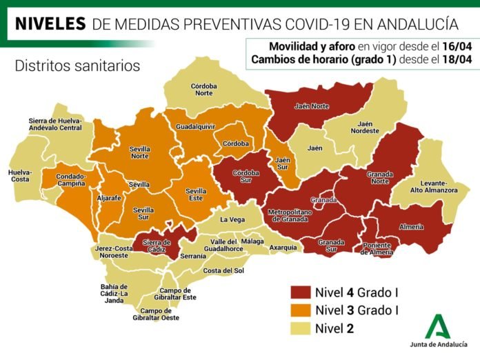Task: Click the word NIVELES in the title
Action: coord(50,24)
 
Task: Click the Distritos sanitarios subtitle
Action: coord(77,66)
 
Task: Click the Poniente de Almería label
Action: coord(379,250)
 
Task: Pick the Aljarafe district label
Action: coord(110,197)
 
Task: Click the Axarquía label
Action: coord(283,247)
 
